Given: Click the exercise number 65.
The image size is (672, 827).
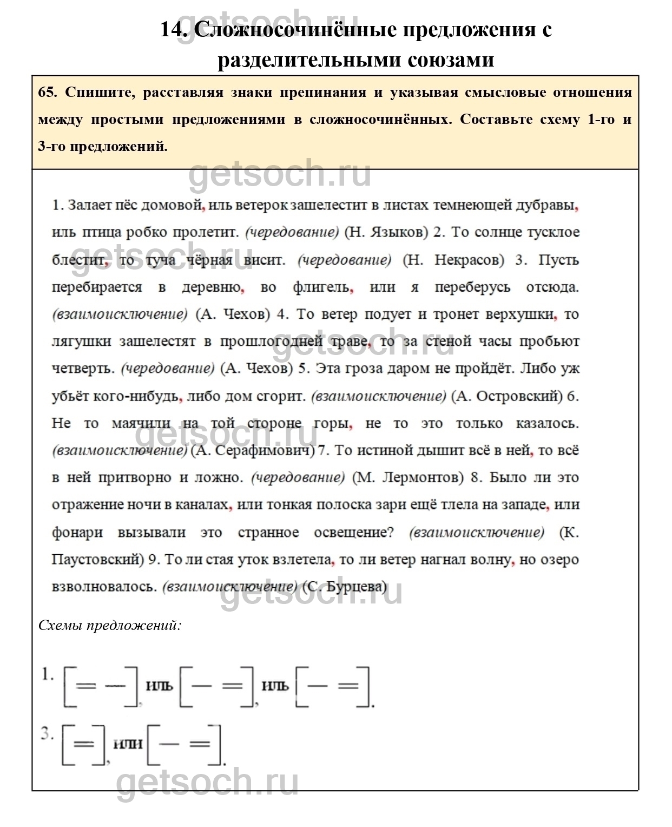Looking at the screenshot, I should [47, 92].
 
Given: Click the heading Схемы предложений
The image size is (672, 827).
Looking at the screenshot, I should [109, 626].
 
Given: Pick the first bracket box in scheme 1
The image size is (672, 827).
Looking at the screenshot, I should [101, 686].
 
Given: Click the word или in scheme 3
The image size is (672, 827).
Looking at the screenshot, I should [128, 744].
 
